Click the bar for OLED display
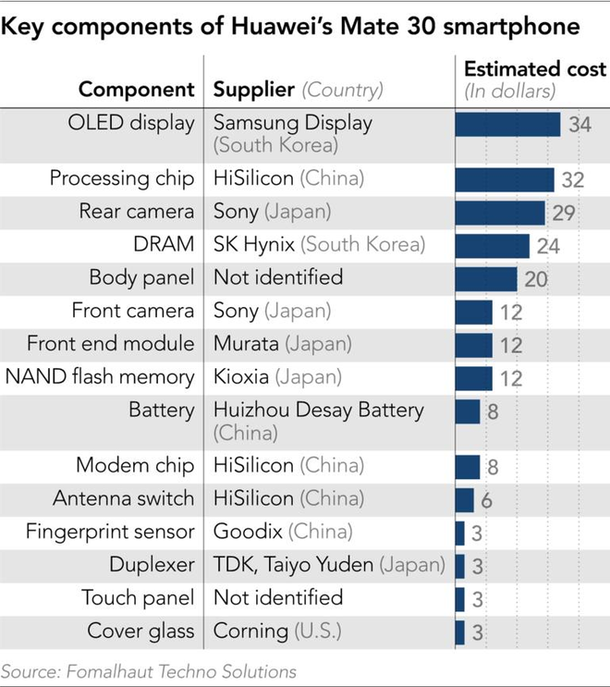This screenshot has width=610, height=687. [x=507, y=124]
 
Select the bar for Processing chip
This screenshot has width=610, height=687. [x=505, y=179]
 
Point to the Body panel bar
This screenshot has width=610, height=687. [x=486, y=278]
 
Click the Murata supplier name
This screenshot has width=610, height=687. [x=247, y=344]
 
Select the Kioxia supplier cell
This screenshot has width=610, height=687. [x=244, y=377]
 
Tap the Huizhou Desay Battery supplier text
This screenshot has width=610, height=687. [x=318, y=411]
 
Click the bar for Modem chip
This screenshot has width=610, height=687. [x=468, y=465]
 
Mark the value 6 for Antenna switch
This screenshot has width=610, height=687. [x=485, y=499]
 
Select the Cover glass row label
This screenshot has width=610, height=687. [x=140, y=632]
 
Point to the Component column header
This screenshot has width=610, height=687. [x=137, y=90]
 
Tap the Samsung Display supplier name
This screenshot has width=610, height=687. [x=292, y=123]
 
